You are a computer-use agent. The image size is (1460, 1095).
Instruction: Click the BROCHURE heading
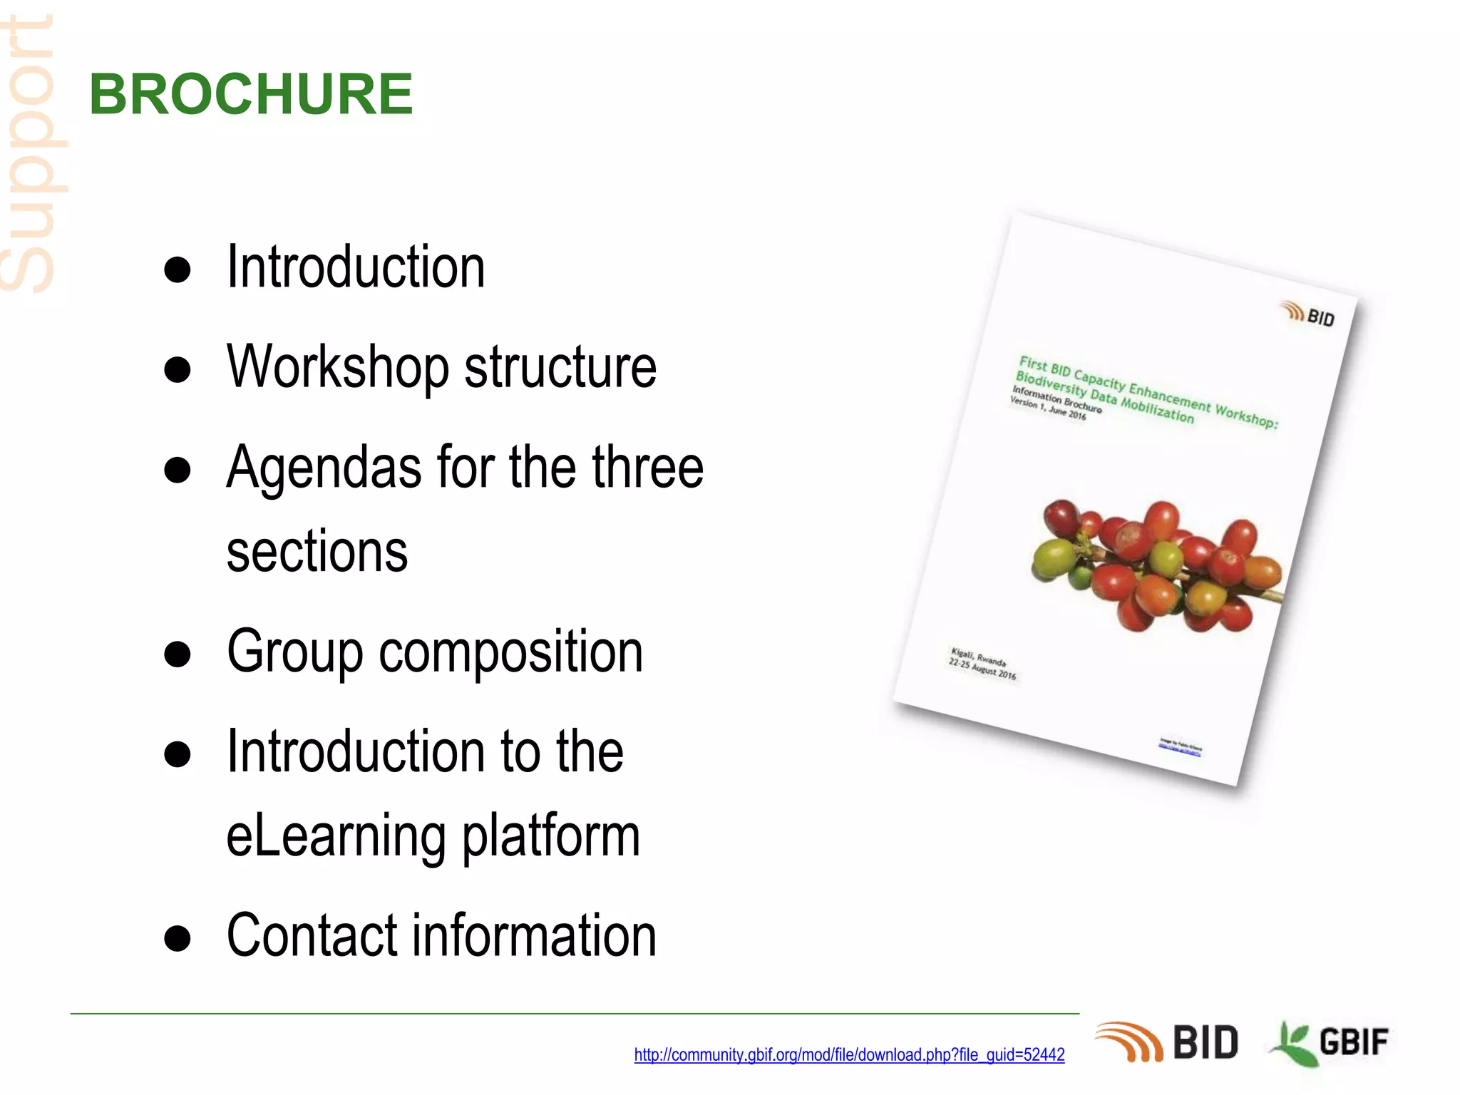(x=251, y=94)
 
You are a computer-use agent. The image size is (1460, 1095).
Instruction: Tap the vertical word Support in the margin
(x=29, y=153)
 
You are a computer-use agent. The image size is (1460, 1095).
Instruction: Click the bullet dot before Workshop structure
(x=178, y=370)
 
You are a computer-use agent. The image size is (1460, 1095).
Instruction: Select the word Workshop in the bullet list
(x=337, y=367)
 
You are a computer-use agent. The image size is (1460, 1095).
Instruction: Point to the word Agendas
(x=324, y=468)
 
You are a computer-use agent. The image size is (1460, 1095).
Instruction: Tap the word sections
(x=317, y=552)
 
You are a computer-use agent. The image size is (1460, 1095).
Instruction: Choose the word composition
(x=510, y=652)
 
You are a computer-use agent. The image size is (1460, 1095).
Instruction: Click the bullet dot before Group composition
(x=178, y=654)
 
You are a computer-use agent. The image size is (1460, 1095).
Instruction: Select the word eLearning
(x=335, y=836)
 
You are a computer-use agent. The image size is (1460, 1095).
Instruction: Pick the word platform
(x=551, y=836)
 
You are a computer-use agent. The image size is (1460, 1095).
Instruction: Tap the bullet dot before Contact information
(x=178, y=939)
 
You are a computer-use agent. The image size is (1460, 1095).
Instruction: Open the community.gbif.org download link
(x=849, y=1054)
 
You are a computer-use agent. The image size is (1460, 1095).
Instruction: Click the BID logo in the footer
(x=1167, y=1042)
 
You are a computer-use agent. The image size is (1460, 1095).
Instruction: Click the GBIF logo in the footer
(x=1329, y=1042)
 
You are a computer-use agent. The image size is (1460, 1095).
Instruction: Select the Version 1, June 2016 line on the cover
(x=1047, y=408)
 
